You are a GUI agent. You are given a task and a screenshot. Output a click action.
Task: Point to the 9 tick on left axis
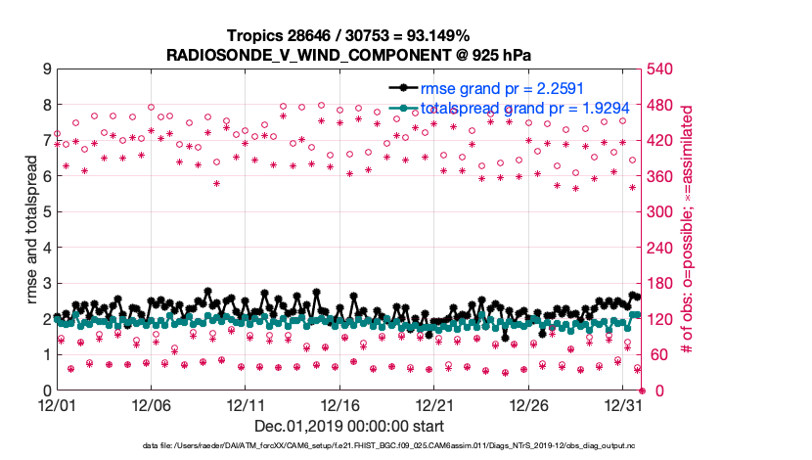(46, 69)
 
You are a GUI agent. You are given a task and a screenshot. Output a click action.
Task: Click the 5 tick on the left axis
(46, 211)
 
